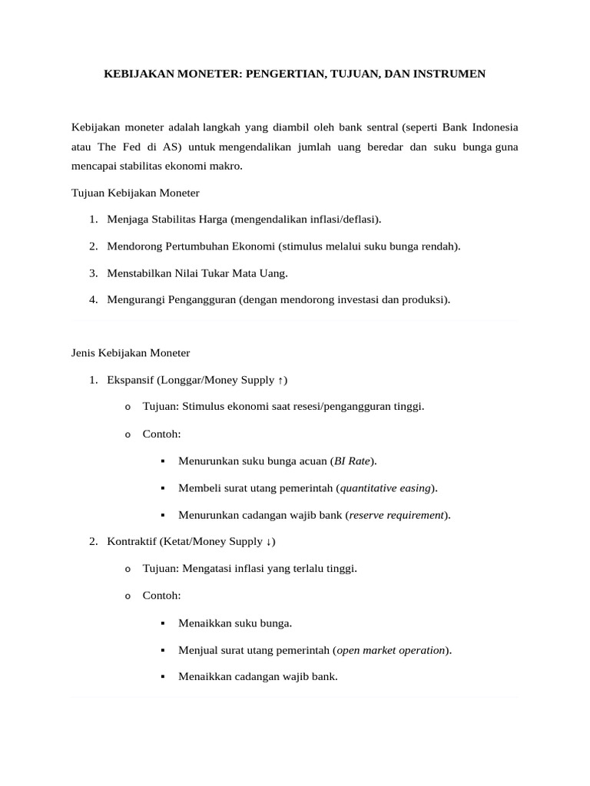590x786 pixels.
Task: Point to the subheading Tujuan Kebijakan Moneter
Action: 135,193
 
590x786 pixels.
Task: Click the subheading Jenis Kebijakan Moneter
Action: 131,352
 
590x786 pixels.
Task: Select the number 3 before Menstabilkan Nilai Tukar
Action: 92,272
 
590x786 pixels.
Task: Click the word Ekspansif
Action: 131,380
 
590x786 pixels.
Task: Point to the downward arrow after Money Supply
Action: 268,541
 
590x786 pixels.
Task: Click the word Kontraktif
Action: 132,541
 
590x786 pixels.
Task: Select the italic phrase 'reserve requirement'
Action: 396,514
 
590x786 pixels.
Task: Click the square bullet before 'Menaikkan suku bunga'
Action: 163,623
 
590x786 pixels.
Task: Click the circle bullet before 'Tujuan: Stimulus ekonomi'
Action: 128,407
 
